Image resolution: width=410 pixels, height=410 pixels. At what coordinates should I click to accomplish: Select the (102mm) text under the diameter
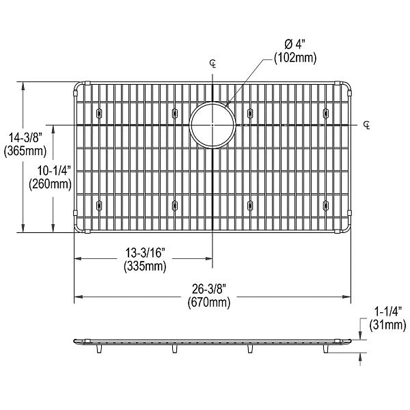pos(295,59)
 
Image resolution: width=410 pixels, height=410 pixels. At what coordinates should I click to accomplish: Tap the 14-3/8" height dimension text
pos(23,137)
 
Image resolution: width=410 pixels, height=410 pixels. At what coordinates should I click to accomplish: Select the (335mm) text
pos(145,266)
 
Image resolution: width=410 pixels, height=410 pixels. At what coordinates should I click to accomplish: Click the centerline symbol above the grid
pos(213,64)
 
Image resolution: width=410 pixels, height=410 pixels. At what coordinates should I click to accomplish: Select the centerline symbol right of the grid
pos(367,124)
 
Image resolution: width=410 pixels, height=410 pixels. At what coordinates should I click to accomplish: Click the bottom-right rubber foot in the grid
pos(324,205)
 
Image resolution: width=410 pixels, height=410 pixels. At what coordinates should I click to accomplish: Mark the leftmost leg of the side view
pos(101,349)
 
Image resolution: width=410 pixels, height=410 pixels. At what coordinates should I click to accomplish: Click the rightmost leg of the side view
pos(324,349)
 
